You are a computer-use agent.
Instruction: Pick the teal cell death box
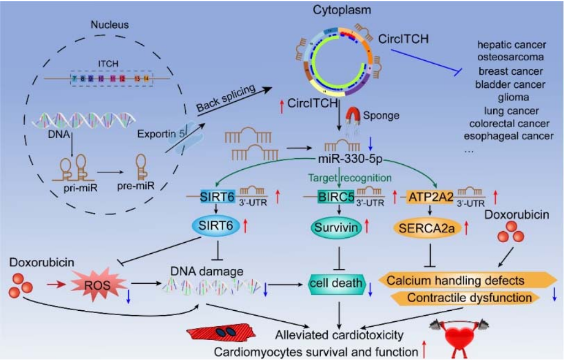[x=336, y=284]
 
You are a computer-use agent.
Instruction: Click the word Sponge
[x=380, y=117]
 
